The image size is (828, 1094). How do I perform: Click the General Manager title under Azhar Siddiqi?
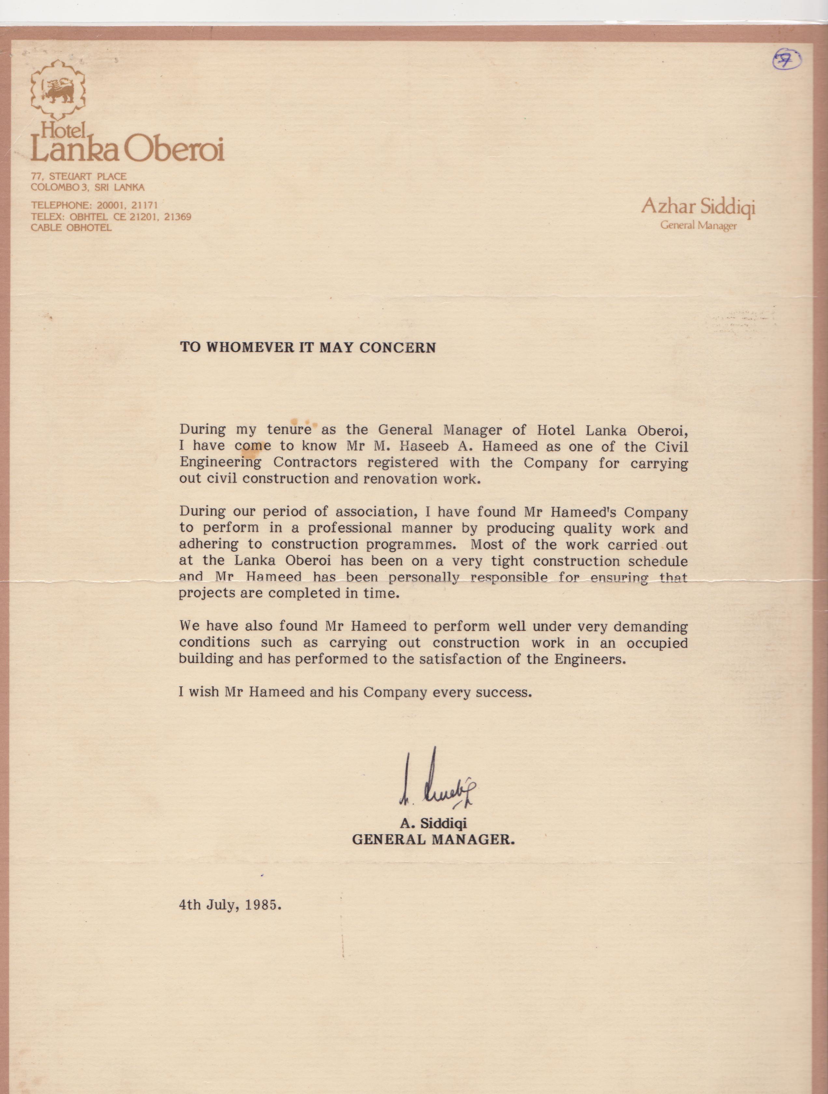698,226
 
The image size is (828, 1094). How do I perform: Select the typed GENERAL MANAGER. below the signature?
433,839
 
